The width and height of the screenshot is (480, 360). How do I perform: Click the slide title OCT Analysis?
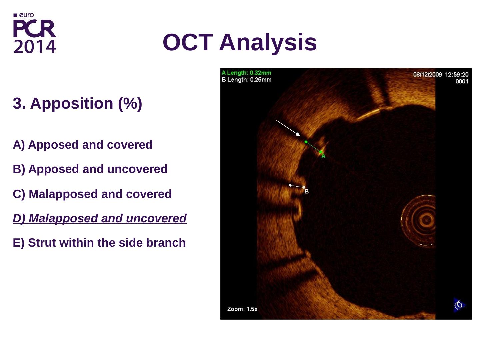(240, 42)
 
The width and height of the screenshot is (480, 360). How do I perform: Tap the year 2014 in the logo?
(35, 47)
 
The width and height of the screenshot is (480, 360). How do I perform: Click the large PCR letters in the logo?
(35, 29)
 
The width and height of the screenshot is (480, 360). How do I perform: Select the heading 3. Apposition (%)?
(77, 103)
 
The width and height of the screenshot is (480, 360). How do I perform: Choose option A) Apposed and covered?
(82, 145)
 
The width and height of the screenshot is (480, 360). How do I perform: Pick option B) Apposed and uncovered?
(90, 169)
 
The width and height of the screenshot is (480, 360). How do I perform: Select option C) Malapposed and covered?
(92, 194)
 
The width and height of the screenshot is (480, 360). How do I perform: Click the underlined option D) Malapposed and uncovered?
(99, 218)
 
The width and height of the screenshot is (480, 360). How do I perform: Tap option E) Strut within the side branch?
(99, 243)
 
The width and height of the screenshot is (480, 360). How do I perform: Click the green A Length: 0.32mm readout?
(246, 73)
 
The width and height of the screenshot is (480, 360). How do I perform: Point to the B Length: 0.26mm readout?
(246, 80)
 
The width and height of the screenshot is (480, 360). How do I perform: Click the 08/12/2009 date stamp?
(427, 75)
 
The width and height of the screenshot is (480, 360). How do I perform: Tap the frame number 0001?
(462, 81)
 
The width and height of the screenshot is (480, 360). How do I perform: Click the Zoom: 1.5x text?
(242, 309)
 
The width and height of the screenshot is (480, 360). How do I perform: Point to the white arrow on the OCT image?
(288, 128)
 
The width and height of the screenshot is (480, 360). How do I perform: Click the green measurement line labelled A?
(313, 147)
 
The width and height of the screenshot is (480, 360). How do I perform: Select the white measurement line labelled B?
(297, 186)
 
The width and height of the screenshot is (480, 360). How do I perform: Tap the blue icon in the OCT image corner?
(459, 304)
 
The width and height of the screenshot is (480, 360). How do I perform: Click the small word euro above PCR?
(26, 15)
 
